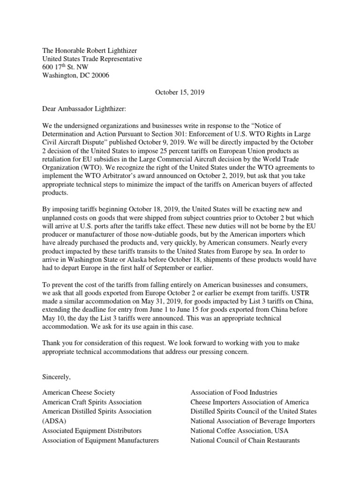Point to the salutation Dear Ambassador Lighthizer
click(x=84, y=109)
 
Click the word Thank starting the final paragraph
click(x=52, y=343)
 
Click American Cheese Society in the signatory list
click(x=78, y=392)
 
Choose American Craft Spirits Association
click(x=92, y=402)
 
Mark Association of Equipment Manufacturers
click(x=100, y=440)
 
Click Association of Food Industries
click(x=233, y=392)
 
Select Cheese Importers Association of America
click(x=249, y=402)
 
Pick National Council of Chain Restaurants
click(x=245, y=440)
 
